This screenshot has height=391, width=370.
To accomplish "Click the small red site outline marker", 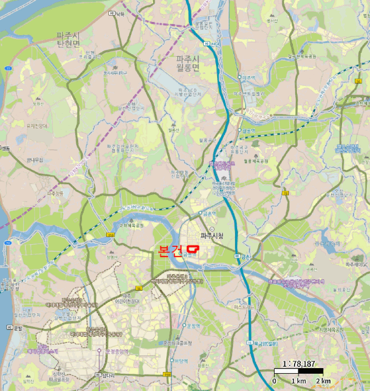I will click(193, 248).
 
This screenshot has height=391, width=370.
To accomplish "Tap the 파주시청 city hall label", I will click(212, 236).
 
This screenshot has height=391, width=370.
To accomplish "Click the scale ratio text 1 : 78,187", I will click(299, 364).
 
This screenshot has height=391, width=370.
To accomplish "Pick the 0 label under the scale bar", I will click(274, 380).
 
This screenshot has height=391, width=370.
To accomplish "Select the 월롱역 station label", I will click(249, 130).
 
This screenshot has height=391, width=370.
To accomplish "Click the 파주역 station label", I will click(248, 78).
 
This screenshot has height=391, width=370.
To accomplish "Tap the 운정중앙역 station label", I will click(117, 351).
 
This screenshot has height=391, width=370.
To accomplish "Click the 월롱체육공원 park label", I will click(256, 161).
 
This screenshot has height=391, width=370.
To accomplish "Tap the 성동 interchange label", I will click(6, 148).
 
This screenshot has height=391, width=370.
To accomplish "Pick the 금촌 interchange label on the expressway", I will click(246, 256).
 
